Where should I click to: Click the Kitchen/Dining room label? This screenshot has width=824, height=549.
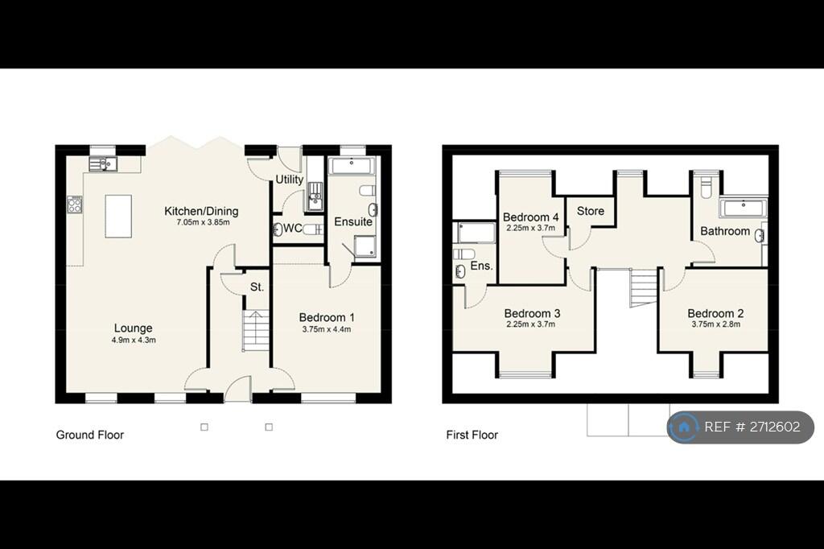click(201, 211)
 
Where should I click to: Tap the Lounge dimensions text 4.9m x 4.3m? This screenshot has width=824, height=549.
click(134, 340)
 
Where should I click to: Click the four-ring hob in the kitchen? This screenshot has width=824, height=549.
click(74, 204)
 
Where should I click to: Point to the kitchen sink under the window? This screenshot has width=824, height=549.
click(104, 164)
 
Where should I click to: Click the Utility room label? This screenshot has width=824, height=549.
click(289, 179)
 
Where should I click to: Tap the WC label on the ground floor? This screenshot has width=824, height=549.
click(292, 229)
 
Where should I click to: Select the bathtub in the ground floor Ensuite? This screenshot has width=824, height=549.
click(352, 167)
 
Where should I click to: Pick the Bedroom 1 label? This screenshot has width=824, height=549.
click(326, 316)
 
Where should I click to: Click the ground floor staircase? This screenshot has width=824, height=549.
click(255, 330)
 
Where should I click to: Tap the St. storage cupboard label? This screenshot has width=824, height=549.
click(257, 287)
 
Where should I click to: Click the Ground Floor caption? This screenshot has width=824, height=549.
click(89, 435)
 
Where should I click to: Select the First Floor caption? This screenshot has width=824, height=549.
click(472, 435)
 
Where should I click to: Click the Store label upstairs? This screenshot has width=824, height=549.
click(590, 211)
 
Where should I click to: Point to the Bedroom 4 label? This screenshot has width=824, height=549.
click(530, 217)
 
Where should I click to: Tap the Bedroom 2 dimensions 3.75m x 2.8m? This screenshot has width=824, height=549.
click(715, 324)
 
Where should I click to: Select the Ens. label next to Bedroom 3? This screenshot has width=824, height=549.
click(480, 266)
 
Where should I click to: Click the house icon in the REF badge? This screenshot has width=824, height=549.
click(684, 427)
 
